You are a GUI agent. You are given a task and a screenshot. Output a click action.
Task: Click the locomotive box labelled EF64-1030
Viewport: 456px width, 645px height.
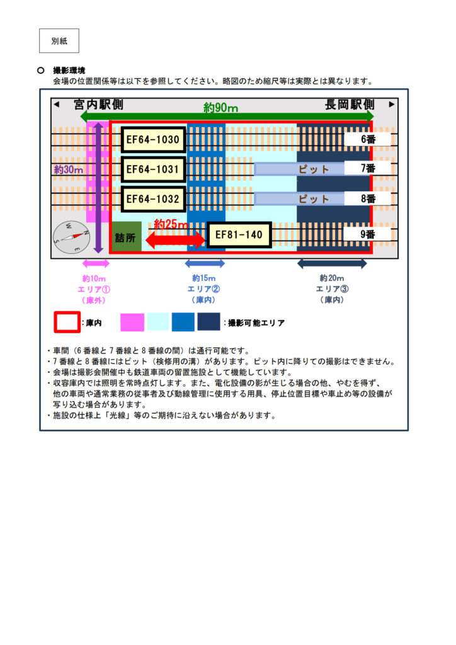153,140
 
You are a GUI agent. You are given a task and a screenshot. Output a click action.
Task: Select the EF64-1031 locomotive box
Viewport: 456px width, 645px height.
153,169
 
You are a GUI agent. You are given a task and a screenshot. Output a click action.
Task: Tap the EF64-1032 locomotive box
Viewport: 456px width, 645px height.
153,200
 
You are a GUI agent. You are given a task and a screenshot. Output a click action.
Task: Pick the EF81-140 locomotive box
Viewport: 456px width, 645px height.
239,235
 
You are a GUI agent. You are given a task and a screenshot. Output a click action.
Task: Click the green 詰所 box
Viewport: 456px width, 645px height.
126,237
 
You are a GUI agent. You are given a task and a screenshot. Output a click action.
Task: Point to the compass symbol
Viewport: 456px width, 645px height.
69,236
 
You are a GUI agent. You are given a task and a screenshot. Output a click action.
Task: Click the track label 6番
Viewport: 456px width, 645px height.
368,139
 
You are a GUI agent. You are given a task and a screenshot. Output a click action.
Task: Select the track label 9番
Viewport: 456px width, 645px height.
368,234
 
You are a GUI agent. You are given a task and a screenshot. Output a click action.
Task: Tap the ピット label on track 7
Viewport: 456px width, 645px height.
314,169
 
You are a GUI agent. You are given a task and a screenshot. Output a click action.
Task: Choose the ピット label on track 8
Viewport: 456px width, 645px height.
314,199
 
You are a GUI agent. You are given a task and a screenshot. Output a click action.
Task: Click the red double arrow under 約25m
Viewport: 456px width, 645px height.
176,239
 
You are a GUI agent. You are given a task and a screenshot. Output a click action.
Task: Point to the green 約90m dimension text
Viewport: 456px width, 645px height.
220,108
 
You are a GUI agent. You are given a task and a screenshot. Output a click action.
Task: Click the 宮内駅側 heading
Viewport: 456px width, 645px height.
98,105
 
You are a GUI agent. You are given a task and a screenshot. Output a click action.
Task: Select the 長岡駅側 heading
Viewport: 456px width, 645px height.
350,105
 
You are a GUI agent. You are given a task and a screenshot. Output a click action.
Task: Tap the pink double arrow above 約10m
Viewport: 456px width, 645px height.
96,263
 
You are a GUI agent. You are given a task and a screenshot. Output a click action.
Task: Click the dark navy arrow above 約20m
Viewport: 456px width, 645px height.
332,263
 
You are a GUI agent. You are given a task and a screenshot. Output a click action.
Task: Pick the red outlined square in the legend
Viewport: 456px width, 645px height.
67,322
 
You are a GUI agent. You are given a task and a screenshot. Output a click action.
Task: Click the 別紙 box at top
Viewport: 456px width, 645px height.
59,41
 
